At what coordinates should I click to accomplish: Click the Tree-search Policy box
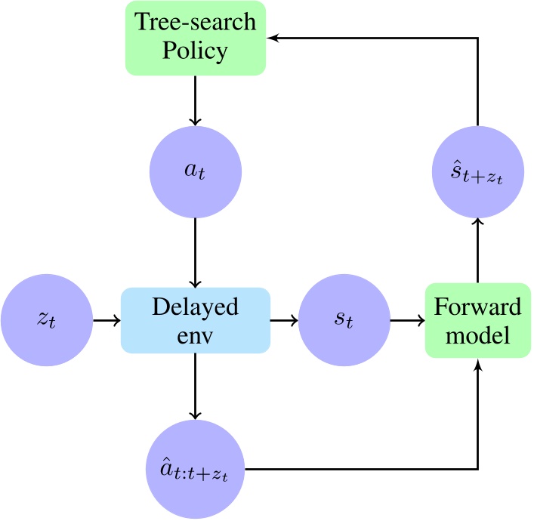click(196, 38)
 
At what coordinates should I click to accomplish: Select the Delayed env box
click(196, 321)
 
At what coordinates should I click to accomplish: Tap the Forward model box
click(477, 321)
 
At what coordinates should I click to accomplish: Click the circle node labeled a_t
click(196, 171)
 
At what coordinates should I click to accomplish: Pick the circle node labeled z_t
click(46, 321)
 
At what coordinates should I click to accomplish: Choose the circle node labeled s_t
click(344, 321)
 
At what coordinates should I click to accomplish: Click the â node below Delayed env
click(196, 468)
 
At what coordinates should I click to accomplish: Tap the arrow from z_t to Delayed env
click(106, 321)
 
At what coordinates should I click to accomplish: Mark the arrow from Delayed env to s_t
click(284, 321)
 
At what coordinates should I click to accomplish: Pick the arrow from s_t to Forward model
click(407, 321)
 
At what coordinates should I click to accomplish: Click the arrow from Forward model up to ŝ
click(477, 249)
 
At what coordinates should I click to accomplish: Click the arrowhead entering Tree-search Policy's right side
click(273, 38)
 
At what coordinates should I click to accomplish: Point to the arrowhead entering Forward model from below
click(477, 365)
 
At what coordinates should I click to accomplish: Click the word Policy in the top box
click(196, 51)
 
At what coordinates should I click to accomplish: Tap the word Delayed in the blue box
click(196, 307)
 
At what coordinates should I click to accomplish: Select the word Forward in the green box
click(477, 307)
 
